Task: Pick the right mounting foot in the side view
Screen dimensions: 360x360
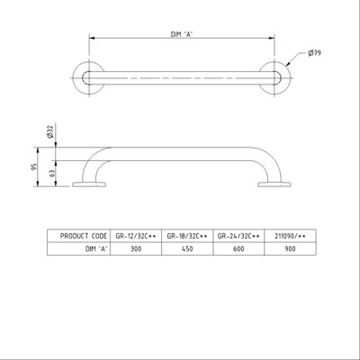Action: (x=274, y=185)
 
